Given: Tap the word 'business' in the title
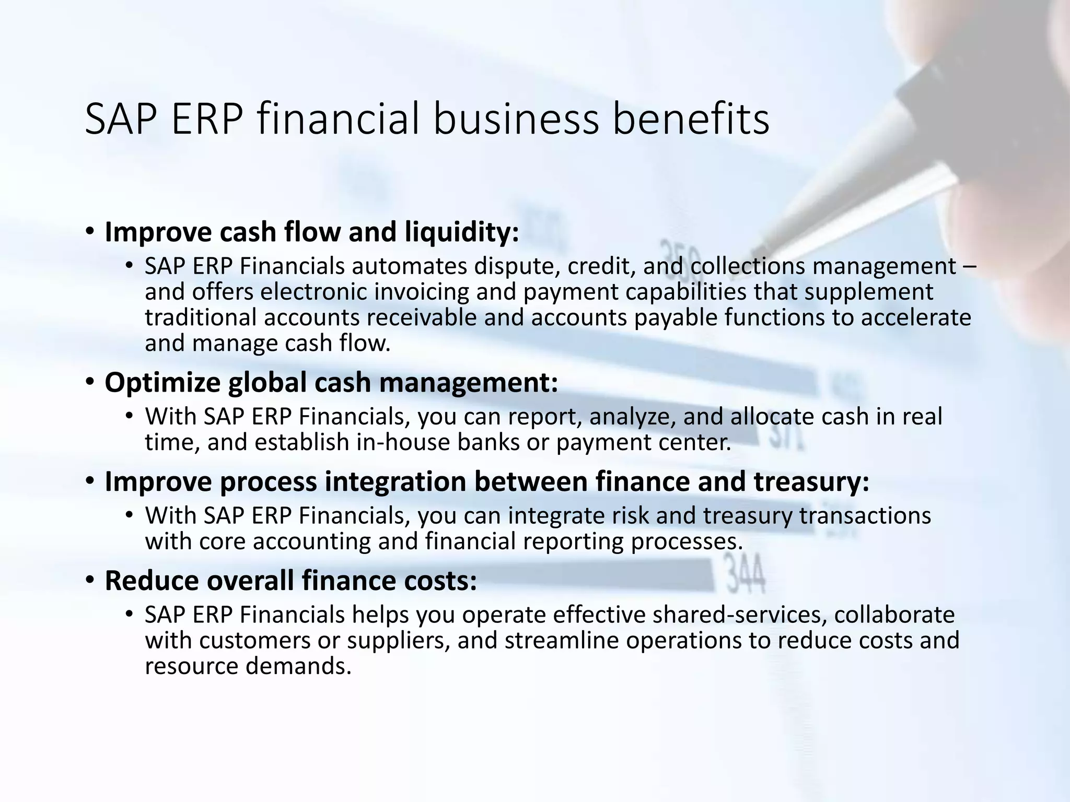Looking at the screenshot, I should pos(516,119).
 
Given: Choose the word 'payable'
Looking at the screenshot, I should pos(676,317).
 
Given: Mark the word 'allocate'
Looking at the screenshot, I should pos(772,417).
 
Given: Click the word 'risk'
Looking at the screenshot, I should pos(631,516).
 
